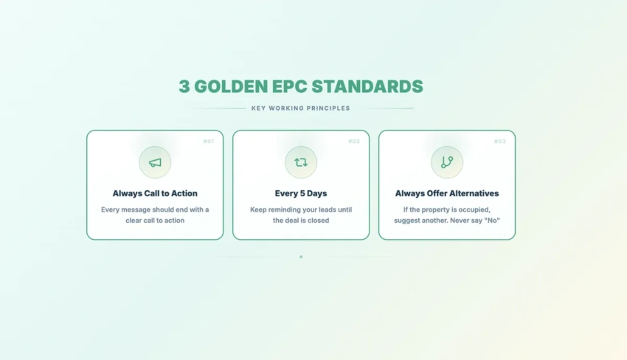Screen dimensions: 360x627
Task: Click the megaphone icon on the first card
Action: [155, 162]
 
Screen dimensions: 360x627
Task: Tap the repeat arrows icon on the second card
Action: [301, 162]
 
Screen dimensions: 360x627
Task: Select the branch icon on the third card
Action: [447, 162]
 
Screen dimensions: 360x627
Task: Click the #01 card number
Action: [209, 141]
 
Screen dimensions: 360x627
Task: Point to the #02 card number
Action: [355, 141]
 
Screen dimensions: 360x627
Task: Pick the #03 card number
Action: [500, 141]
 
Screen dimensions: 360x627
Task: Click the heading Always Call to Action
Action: [155, 193]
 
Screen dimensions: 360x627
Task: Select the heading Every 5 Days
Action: [301, 193]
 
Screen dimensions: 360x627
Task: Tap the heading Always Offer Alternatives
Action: [447, 193]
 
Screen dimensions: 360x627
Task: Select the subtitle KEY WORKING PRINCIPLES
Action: [301, 108]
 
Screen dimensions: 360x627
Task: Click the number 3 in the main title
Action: [184, 86]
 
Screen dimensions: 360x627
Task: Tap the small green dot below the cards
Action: [301, 257]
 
